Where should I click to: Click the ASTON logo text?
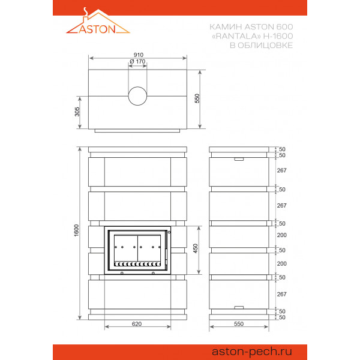point(97,29)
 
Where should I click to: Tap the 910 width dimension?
point(139,55)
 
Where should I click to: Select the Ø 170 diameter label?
point(137,62)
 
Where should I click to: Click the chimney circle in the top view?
point(137,96)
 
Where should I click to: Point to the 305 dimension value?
point(77,112)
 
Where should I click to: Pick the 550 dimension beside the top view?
point(197,98)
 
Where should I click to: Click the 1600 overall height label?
point(76,230)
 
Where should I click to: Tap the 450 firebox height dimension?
point(196,248)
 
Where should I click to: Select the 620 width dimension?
point(137,324)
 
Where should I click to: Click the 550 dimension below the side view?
point(239,324)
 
